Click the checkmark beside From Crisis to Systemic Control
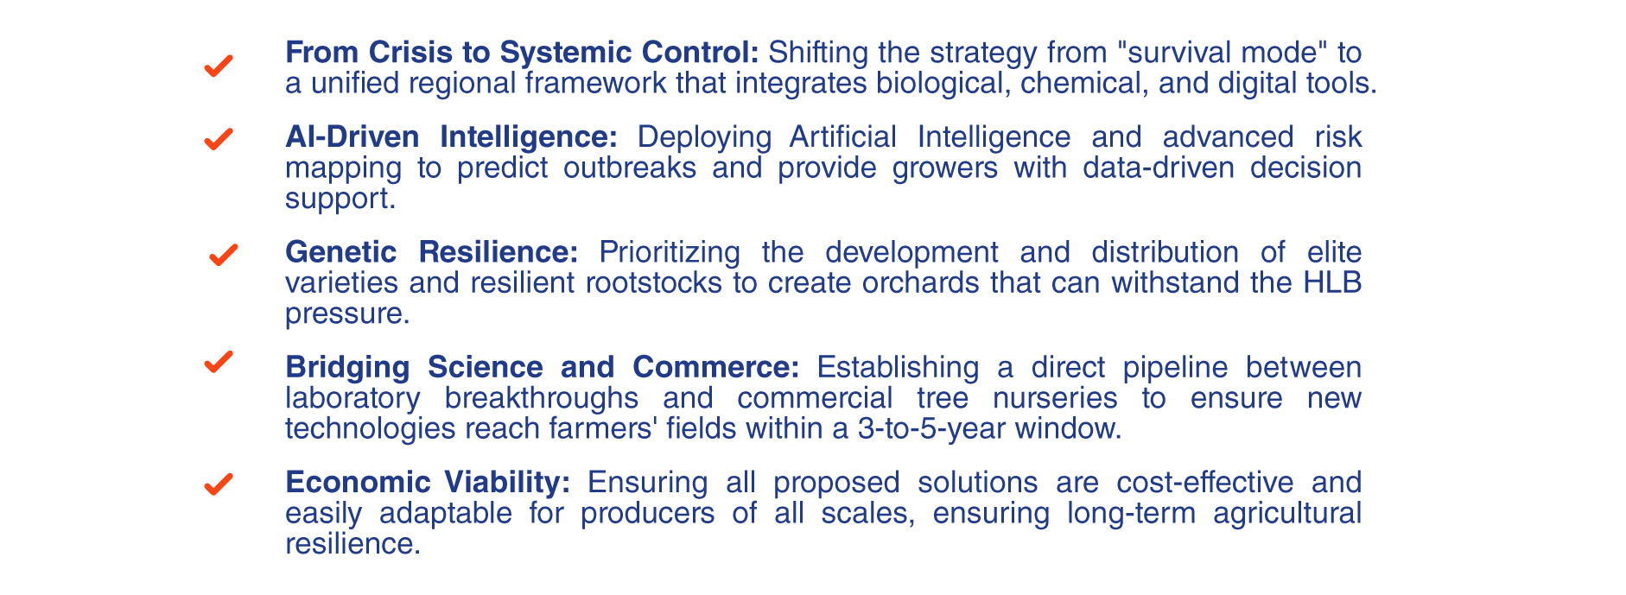219,66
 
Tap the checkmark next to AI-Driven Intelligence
219,138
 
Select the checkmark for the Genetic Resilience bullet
224,254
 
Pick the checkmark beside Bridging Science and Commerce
219,361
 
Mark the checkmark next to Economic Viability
219,484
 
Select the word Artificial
843,137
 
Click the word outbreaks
630,168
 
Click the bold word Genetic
341,252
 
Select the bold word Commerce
716,367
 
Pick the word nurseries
1055,398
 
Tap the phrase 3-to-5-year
932,429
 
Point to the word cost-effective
1205,482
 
